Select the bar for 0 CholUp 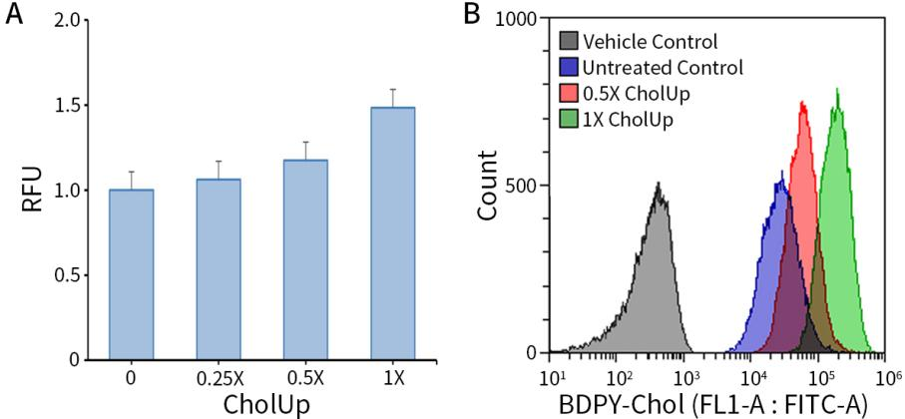click(131, 273)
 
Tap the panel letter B click(473, 14)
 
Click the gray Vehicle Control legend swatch click(568, 42)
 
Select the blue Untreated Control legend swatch click(568, 68)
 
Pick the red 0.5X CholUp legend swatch click(568, 94)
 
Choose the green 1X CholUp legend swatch click(568, 120)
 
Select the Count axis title click(489, 185)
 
